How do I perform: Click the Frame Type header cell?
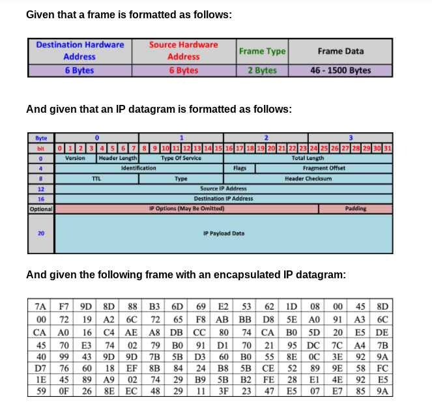tap(262, 51)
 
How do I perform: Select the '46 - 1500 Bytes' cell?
tap(340, 70)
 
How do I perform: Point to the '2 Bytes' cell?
tap(262, 70)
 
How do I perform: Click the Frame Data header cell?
tap(340, 51)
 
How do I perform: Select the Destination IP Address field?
tap(223, 198)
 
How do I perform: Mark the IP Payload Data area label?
tap(223, 233)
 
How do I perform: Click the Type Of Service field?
tap(180, 158)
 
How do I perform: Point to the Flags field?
tap(239, 167)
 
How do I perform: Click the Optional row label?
tap(40, 209)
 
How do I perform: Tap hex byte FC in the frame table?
tap(383, 368)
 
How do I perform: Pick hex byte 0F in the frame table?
tap(64, 392)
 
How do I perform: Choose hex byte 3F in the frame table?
tap(224, 392)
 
